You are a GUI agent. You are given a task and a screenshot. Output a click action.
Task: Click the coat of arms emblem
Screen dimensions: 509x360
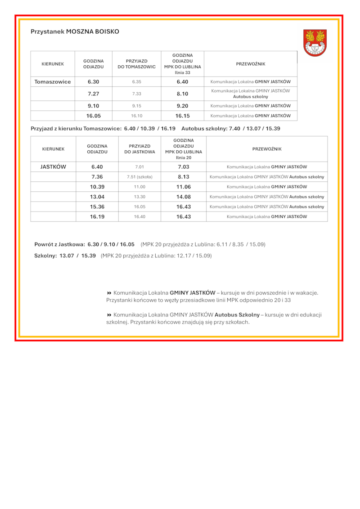coord(315,43)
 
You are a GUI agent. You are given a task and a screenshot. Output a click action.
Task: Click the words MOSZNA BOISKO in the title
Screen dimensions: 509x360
coord(93,32)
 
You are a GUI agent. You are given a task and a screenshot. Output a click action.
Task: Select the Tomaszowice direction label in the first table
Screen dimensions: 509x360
coord(53,82)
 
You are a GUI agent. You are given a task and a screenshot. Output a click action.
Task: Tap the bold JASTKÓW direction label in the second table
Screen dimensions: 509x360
coord(53,167)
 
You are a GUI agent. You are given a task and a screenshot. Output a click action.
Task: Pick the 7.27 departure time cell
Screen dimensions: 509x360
coord(94,94)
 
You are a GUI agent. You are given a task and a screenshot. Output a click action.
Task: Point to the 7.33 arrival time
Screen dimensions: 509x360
coord(137,94)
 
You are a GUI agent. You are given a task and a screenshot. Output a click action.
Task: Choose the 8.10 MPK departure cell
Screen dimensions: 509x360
coord(182,94)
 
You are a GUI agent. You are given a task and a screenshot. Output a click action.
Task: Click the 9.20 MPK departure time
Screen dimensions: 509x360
coord(182,106)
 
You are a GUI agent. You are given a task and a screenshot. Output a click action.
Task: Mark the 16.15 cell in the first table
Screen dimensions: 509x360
coord(182,116)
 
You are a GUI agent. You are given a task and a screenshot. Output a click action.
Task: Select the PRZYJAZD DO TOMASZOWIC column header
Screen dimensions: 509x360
coord(137,64)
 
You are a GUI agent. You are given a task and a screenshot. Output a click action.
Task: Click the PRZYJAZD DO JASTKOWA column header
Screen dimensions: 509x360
coord(139,149)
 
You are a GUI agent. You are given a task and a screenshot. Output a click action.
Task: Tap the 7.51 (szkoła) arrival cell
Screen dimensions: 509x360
coord(139,177)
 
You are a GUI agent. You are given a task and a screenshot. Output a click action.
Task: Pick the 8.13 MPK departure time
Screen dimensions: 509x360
coord(184,177)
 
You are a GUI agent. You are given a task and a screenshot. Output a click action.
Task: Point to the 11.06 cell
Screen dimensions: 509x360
coord(184,187)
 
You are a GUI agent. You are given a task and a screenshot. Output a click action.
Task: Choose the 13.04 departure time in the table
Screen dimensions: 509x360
coord(97,197)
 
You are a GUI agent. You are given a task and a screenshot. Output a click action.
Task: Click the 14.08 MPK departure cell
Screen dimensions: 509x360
coord(184,197)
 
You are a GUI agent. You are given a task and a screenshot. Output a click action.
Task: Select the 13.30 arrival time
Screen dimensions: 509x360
coord(139,197)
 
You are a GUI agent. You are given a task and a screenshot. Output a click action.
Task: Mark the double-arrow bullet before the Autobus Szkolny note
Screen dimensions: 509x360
coord(109,315)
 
